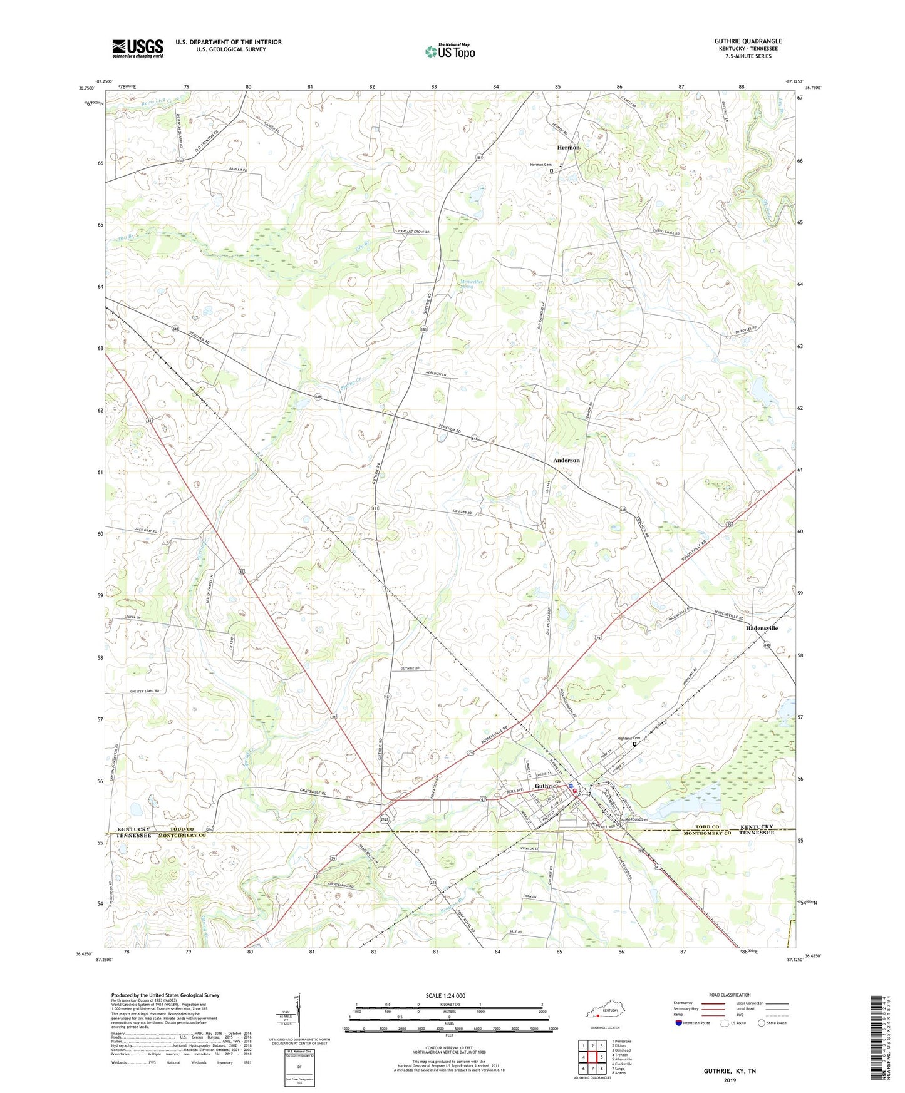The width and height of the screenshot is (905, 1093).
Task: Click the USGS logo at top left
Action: click(x=138, y=48)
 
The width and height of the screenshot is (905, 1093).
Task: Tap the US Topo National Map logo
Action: click(x=449, y=51)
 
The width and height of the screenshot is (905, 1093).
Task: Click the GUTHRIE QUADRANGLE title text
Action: click(x=748, y=41)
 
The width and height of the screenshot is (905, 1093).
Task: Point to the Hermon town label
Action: click(x=568, y=148)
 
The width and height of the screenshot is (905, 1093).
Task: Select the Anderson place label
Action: click(x=566, y=460)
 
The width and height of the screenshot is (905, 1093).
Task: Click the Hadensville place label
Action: click(x=762, y=627)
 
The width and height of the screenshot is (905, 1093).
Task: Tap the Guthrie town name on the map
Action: click(x=545, y=786)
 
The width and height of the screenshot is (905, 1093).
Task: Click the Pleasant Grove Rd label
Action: click(x=413, y=232)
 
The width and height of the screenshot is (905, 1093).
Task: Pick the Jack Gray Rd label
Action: click(x=146, y=530)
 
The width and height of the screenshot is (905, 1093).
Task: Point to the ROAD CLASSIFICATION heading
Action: click(x=730, y=995)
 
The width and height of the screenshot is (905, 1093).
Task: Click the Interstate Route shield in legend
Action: click(x=679, y=1023)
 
